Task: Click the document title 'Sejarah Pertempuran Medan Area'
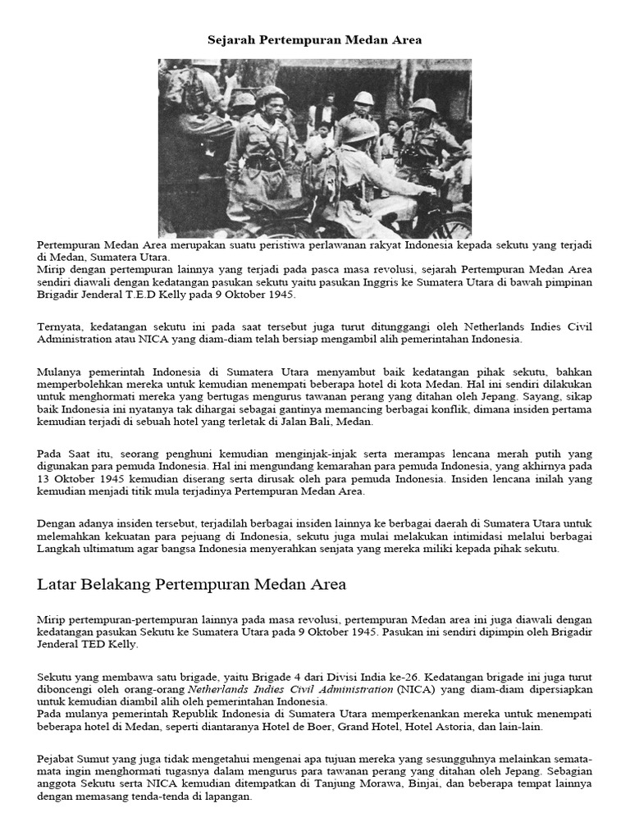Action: coord(315,39)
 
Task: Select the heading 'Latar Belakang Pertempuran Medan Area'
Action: coord(192,584)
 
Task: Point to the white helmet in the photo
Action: coord(363,98)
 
